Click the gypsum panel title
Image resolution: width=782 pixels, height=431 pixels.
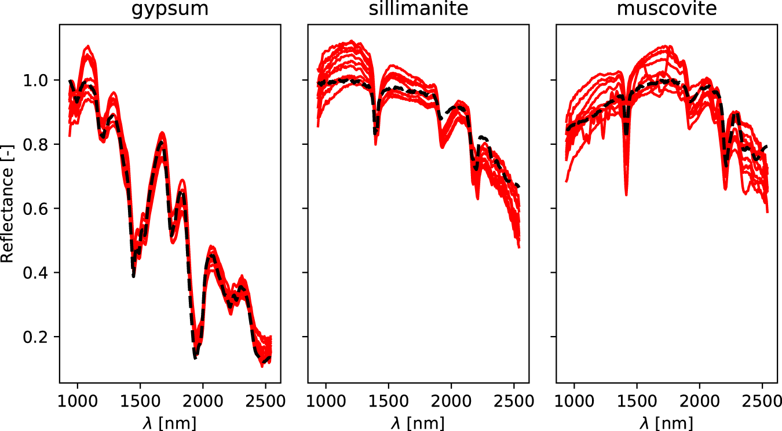[x=170, y=9]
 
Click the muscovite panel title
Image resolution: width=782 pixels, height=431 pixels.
[x=667, y=9]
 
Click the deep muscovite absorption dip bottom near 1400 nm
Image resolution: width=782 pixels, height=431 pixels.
[x=626, y=195]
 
